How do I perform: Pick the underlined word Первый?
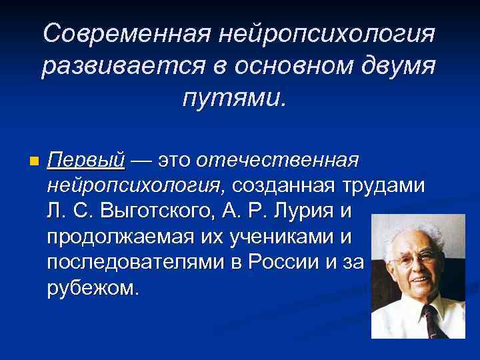point(87,161)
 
